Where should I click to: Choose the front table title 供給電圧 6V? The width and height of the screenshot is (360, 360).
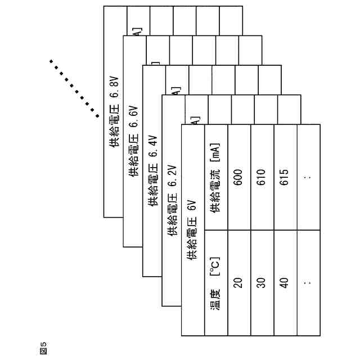click(192, 230)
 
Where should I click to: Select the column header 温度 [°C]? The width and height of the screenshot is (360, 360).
click(215, 283)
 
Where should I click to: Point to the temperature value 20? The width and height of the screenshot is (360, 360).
click(238, 283)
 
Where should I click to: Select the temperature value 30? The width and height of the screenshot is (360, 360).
click(262, 283)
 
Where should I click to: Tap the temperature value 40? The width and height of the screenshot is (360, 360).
click(285, 283)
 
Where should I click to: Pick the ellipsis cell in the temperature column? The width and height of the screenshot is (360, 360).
click(307, 283)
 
